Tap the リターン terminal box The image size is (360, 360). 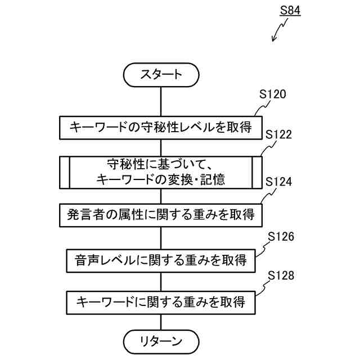(x=161, y=340)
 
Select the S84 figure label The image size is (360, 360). (x=290, y=11)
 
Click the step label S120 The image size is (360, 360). (x=273, y=94)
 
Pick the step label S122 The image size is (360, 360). (x=278, y=136)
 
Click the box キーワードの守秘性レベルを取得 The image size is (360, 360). (x=161, y=127)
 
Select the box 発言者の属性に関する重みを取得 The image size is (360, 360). (x=161, y=214)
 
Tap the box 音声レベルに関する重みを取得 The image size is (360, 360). (x=161, y=260)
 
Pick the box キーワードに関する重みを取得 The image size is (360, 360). (x=161, y=301)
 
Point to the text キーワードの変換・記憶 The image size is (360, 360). (x=161, y=180)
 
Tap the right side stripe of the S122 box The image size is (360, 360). (x=258, y=172)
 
